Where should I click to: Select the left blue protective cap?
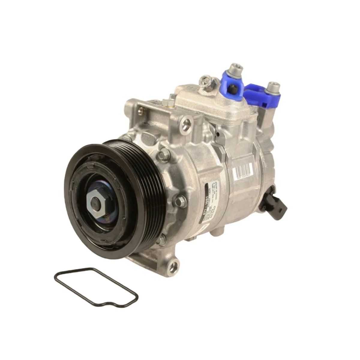point(234,82)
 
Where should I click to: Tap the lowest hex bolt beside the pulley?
point(162,239)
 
